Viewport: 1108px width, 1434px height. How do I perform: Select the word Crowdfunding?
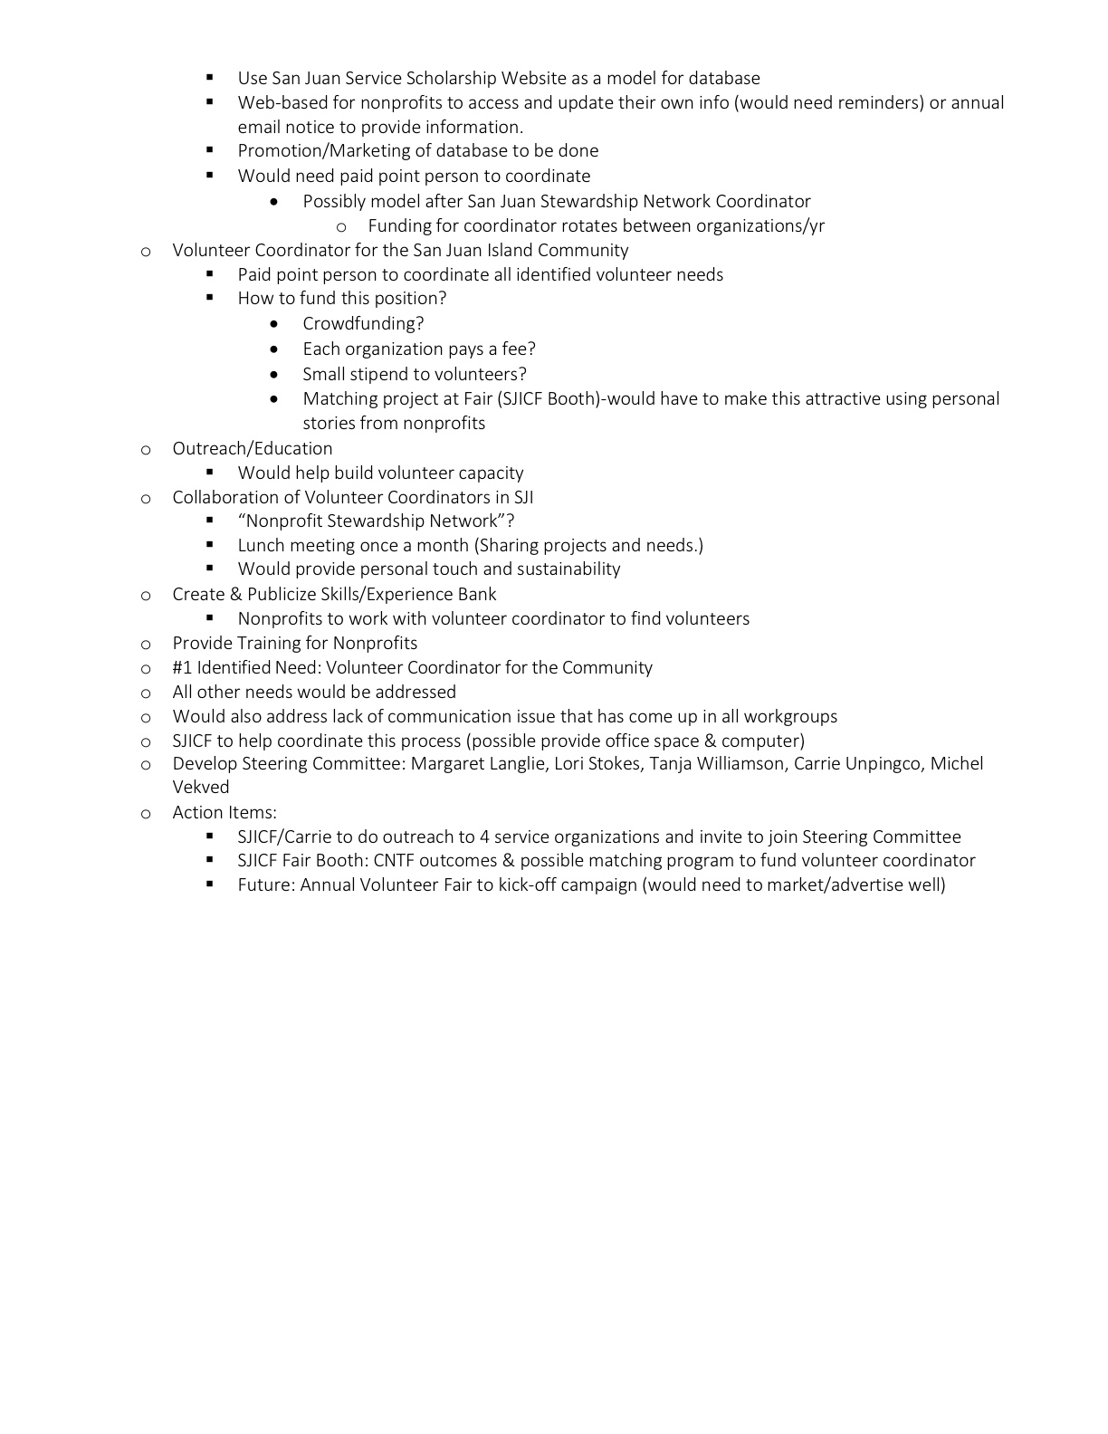[x=363, y=324]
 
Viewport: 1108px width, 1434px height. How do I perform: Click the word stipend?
[x=391, y=375]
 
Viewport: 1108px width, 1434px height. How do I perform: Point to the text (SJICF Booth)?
[x=551, y=399]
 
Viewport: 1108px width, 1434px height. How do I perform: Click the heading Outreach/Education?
[x=253, y=449]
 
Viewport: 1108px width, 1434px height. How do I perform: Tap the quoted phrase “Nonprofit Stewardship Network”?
[x=376, y=521]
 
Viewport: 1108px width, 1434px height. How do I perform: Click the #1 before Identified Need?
[x=182, y=668]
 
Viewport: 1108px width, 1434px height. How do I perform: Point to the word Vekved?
[x=201, y=788]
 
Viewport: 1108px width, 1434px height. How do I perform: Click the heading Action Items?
[x=224, y=813]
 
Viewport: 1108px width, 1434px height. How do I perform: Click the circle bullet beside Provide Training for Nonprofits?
[x=146, y=645]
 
